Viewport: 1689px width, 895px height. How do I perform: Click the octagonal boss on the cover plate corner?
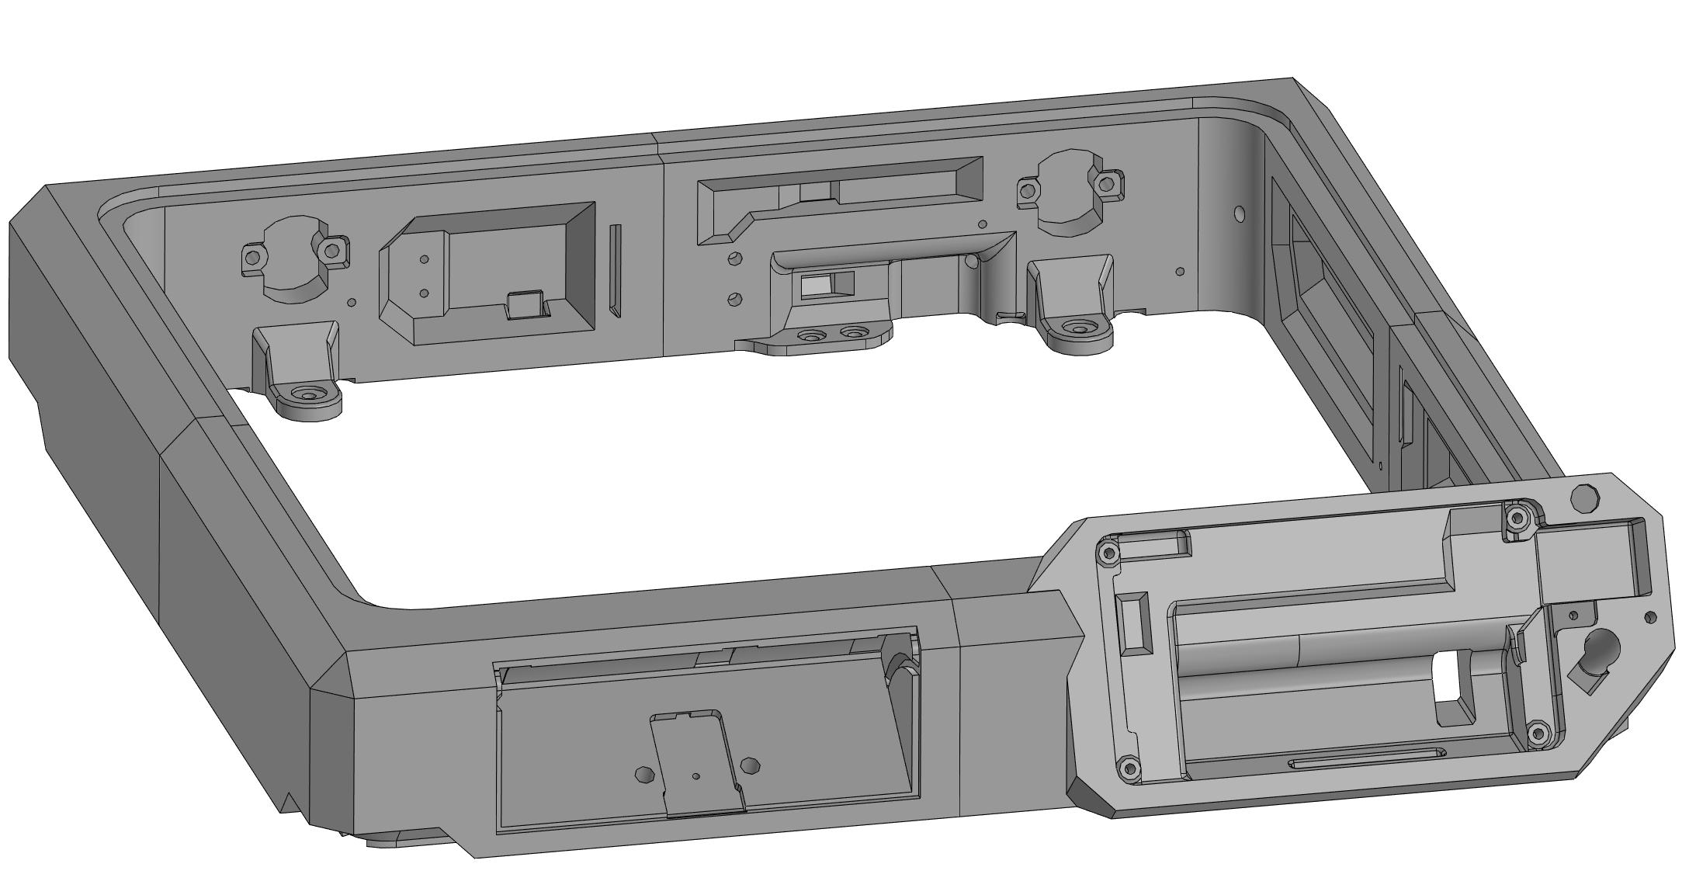[1584, 498]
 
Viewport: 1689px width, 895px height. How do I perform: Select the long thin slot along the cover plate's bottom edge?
[1367, 758]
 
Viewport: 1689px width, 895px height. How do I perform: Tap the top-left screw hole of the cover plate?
[1109, 553]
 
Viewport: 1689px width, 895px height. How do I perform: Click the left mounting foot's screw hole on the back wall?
[310, 395]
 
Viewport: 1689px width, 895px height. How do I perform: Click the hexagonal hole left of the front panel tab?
[643, 774]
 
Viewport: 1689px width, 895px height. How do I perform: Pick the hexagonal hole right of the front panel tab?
[750, 766]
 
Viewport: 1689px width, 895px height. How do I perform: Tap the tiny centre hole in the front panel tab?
[695, 776]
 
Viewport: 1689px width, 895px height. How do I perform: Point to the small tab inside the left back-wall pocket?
[526, 304]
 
